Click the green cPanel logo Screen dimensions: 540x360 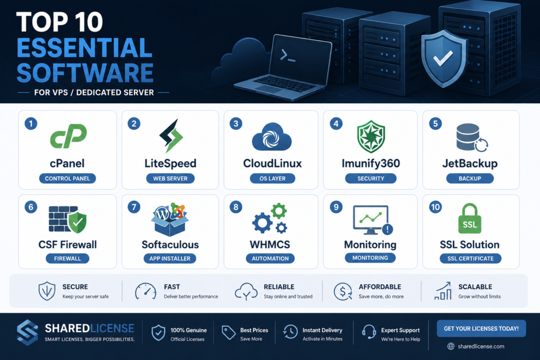click(x=68, y=136)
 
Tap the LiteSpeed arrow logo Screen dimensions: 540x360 click(x=171, y=136)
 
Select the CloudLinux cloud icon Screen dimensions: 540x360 click(x=272, y=137)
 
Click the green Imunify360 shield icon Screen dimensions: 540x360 click(x=371, y=137)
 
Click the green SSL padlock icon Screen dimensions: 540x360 click(x=470, y=218)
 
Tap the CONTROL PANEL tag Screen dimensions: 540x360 click(x=67, y=179)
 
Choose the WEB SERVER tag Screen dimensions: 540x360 click(x=170, y=179)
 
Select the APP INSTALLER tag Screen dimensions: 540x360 click(x=170, y=258)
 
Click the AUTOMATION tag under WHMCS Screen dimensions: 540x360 click(x=271, y=258)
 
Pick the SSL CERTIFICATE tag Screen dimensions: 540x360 click(x=470, y=258)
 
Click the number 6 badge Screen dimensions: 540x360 click(x=31, y=207)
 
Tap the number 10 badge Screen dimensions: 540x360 click(x=435, y=207)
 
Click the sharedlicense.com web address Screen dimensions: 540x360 click(x=481, y=346)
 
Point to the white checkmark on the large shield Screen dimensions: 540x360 click(x=443, y=58)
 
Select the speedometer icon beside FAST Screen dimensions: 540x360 click(x=146, y=291)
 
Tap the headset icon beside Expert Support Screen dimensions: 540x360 click(x=369, y=332)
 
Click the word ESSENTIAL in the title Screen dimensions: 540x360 click(x=85, y=48)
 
